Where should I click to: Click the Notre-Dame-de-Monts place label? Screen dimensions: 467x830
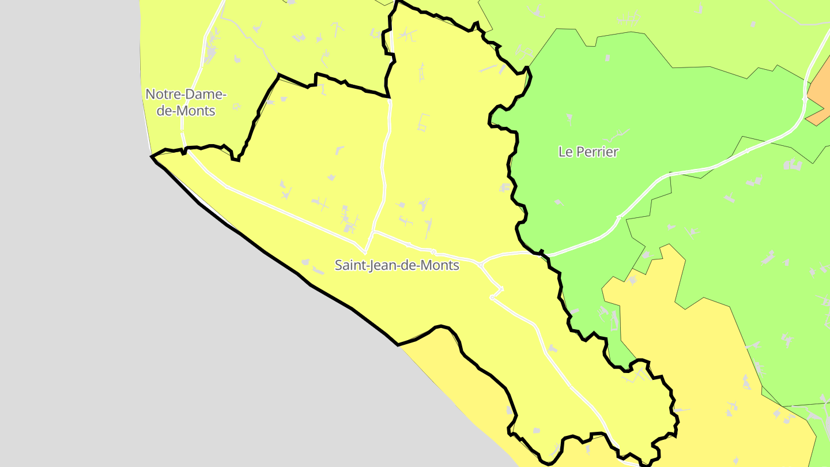point(186,102)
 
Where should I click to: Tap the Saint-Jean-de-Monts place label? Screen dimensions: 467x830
point(397,265)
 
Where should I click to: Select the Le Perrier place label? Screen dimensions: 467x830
point(588,152)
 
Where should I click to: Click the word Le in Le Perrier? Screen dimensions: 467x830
point(564,152)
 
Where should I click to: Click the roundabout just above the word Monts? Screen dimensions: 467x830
point(433,251)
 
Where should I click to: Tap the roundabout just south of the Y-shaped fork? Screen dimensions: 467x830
point(492,297)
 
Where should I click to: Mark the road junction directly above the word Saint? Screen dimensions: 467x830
point(365,251)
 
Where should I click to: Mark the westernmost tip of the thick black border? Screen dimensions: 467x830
point(152,156)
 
